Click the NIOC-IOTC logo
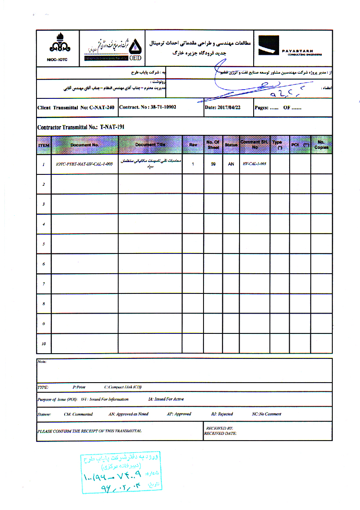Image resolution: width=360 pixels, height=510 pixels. point(58,43)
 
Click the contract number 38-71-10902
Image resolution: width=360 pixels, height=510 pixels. point(148,107)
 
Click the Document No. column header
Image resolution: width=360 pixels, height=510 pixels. point(85,145)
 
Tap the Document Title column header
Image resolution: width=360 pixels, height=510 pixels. point(150,145)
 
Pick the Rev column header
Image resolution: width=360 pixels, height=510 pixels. point(193,145)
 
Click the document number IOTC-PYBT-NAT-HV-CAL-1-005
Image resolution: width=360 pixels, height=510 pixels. point(85,164)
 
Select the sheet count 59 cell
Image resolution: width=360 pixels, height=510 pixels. point(213,164)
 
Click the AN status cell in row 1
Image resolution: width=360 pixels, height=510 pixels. point(230,164)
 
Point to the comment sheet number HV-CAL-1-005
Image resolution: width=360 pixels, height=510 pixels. point(255,164)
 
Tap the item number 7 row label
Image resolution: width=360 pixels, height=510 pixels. point(44,284)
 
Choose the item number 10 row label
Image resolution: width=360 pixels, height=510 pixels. point(44,344)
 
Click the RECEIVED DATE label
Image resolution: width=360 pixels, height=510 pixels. point(220,433)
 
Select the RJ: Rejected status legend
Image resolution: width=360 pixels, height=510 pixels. point(222,414)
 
